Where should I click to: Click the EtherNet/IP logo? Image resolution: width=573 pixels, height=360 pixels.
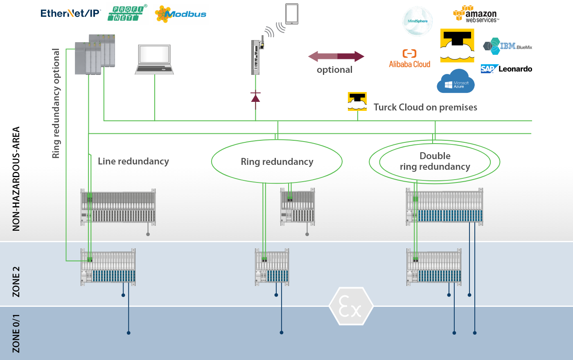70,13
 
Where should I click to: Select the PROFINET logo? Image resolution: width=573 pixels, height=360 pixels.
127,13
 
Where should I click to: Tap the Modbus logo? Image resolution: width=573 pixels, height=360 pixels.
180,14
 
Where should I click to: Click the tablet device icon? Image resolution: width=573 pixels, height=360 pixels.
292,14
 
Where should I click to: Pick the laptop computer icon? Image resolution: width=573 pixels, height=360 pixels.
154,60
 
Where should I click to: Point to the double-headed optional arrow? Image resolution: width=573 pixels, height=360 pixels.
336,56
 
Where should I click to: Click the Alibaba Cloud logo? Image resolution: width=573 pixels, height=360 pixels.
409,59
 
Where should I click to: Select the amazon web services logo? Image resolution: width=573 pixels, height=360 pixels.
476,14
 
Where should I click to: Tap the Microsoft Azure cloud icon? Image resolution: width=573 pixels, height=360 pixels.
456,81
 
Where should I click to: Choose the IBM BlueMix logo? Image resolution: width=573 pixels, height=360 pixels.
508,46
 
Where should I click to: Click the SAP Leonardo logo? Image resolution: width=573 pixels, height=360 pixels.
506,69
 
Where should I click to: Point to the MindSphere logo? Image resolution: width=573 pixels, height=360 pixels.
417,21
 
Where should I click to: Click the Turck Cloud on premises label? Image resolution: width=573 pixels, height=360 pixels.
425,107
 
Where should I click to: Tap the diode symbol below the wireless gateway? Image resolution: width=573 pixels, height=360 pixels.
255,97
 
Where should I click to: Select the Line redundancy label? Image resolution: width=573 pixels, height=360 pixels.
133,161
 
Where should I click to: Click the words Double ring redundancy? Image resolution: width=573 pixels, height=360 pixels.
435,161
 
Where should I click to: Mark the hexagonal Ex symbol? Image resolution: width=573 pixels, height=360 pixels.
351,306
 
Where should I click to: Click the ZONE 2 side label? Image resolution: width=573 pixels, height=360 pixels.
16,281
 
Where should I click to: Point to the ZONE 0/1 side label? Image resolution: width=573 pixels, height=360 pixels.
16,333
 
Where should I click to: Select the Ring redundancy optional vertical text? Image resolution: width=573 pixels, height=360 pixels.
56,103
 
